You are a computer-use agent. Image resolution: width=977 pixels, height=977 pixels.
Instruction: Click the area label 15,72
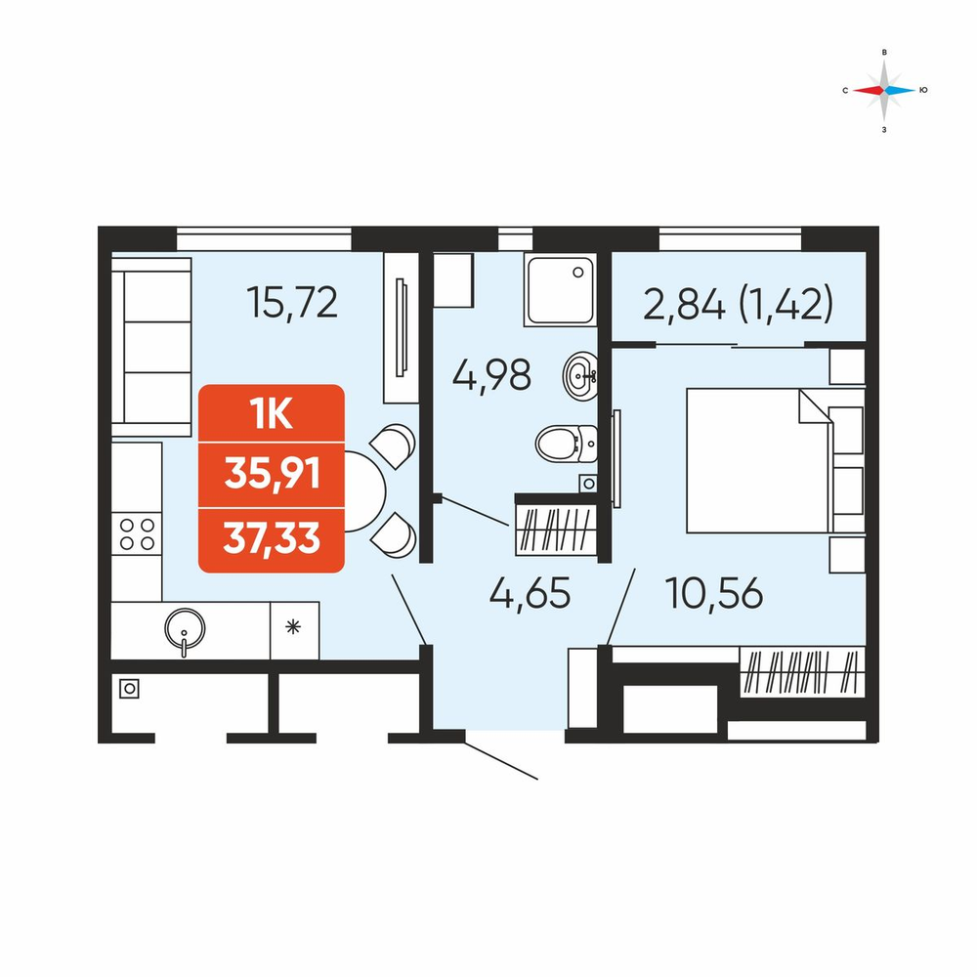click(292, 302)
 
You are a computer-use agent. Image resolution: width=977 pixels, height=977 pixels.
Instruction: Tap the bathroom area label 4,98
click(491, 374)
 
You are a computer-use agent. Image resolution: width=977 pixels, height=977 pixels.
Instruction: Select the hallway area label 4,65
click(530, 593)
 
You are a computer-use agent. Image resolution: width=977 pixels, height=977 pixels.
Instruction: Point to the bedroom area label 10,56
click(714, 593)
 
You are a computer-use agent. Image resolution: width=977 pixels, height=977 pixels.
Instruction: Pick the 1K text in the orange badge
click(271, 413)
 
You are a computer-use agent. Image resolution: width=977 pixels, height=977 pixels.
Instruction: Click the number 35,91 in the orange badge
click(273, 474)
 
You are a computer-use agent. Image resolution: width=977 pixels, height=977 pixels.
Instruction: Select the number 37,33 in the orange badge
click(272, 538)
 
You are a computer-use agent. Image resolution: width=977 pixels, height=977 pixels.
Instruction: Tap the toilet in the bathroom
click(567, 443)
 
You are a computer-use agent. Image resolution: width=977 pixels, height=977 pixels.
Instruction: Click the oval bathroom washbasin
click(580, 376)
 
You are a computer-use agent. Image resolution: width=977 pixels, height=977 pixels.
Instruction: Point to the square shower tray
click(560, 289)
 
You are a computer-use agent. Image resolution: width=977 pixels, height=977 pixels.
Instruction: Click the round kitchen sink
click(185, 628)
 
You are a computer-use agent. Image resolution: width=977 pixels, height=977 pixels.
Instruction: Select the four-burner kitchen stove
click(137, 534)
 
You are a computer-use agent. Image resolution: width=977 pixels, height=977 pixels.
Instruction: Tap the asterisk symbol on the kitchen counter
click(293, 627)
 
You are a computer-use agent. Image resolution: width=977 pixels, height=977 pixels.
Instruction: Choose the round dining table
click(362, 491)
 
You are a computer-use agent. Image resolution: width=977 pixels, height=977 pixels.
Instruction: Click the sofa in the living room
click(151, 347)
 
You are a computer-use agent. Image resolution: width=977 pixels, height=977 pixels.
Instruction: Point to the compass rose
click(884, 90)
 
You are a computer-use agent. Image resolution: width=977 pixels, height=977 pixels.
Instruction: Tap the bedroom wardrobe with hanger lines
click(802, 672)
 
